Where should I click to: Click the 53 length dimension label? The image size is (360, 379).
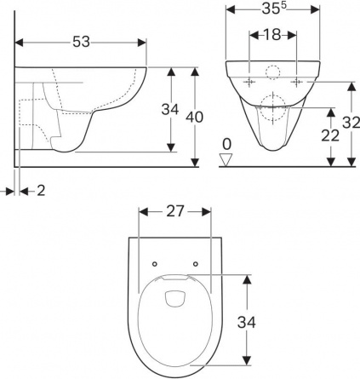(81, 42)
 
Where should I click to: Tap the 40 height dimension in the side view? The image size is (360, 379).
(194, 117)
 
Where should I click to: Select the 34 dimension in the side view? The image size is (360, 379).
(170, 109)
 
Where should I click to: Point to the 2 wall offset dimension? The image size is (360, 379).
(41, 191)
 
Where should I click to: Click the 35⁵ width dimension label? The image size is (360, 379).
(272, 9)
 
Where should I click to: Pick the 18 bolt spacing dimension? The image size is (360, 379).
(272, 35)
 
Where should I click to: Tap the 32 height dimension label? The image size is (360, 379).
(351, 123)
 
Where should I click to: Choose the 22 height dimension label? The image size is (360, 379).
(330, 135)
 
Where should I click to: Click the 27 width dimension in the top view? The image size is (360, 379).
(175, 211)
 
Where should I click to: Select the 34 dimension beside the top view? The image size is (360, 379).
(247, 322)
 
